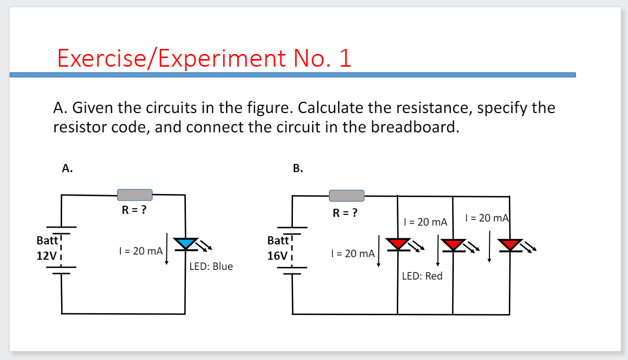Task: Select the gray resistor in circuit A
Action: click(135, 195)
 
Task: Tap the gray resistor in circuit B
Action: click(346, 196)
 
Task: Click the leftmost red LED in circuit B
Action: click(398, 244)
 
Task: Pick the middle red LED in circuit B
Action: click(453, 245)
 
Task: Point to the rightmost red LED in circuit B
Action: click(509, 245)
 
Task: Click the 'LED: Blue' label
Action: click(211, 266)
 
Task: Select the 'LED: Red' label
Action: click(422, 276)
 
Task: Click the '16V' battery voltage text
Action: click(277, 256)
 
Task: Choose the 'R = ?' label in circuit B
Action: click(345, 212)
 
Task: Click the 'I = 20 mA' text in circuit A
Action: click(140, 251)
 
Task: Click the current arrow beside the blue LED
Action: click(167, 250)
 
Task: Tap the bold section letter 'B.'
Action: click(298, 169)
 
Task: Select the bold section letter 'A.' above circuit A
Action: click(67, 168)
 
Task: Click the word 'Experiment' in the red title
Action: click(224, 59)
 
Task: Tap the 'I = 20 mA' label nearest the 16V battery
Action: click(352, 253)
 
